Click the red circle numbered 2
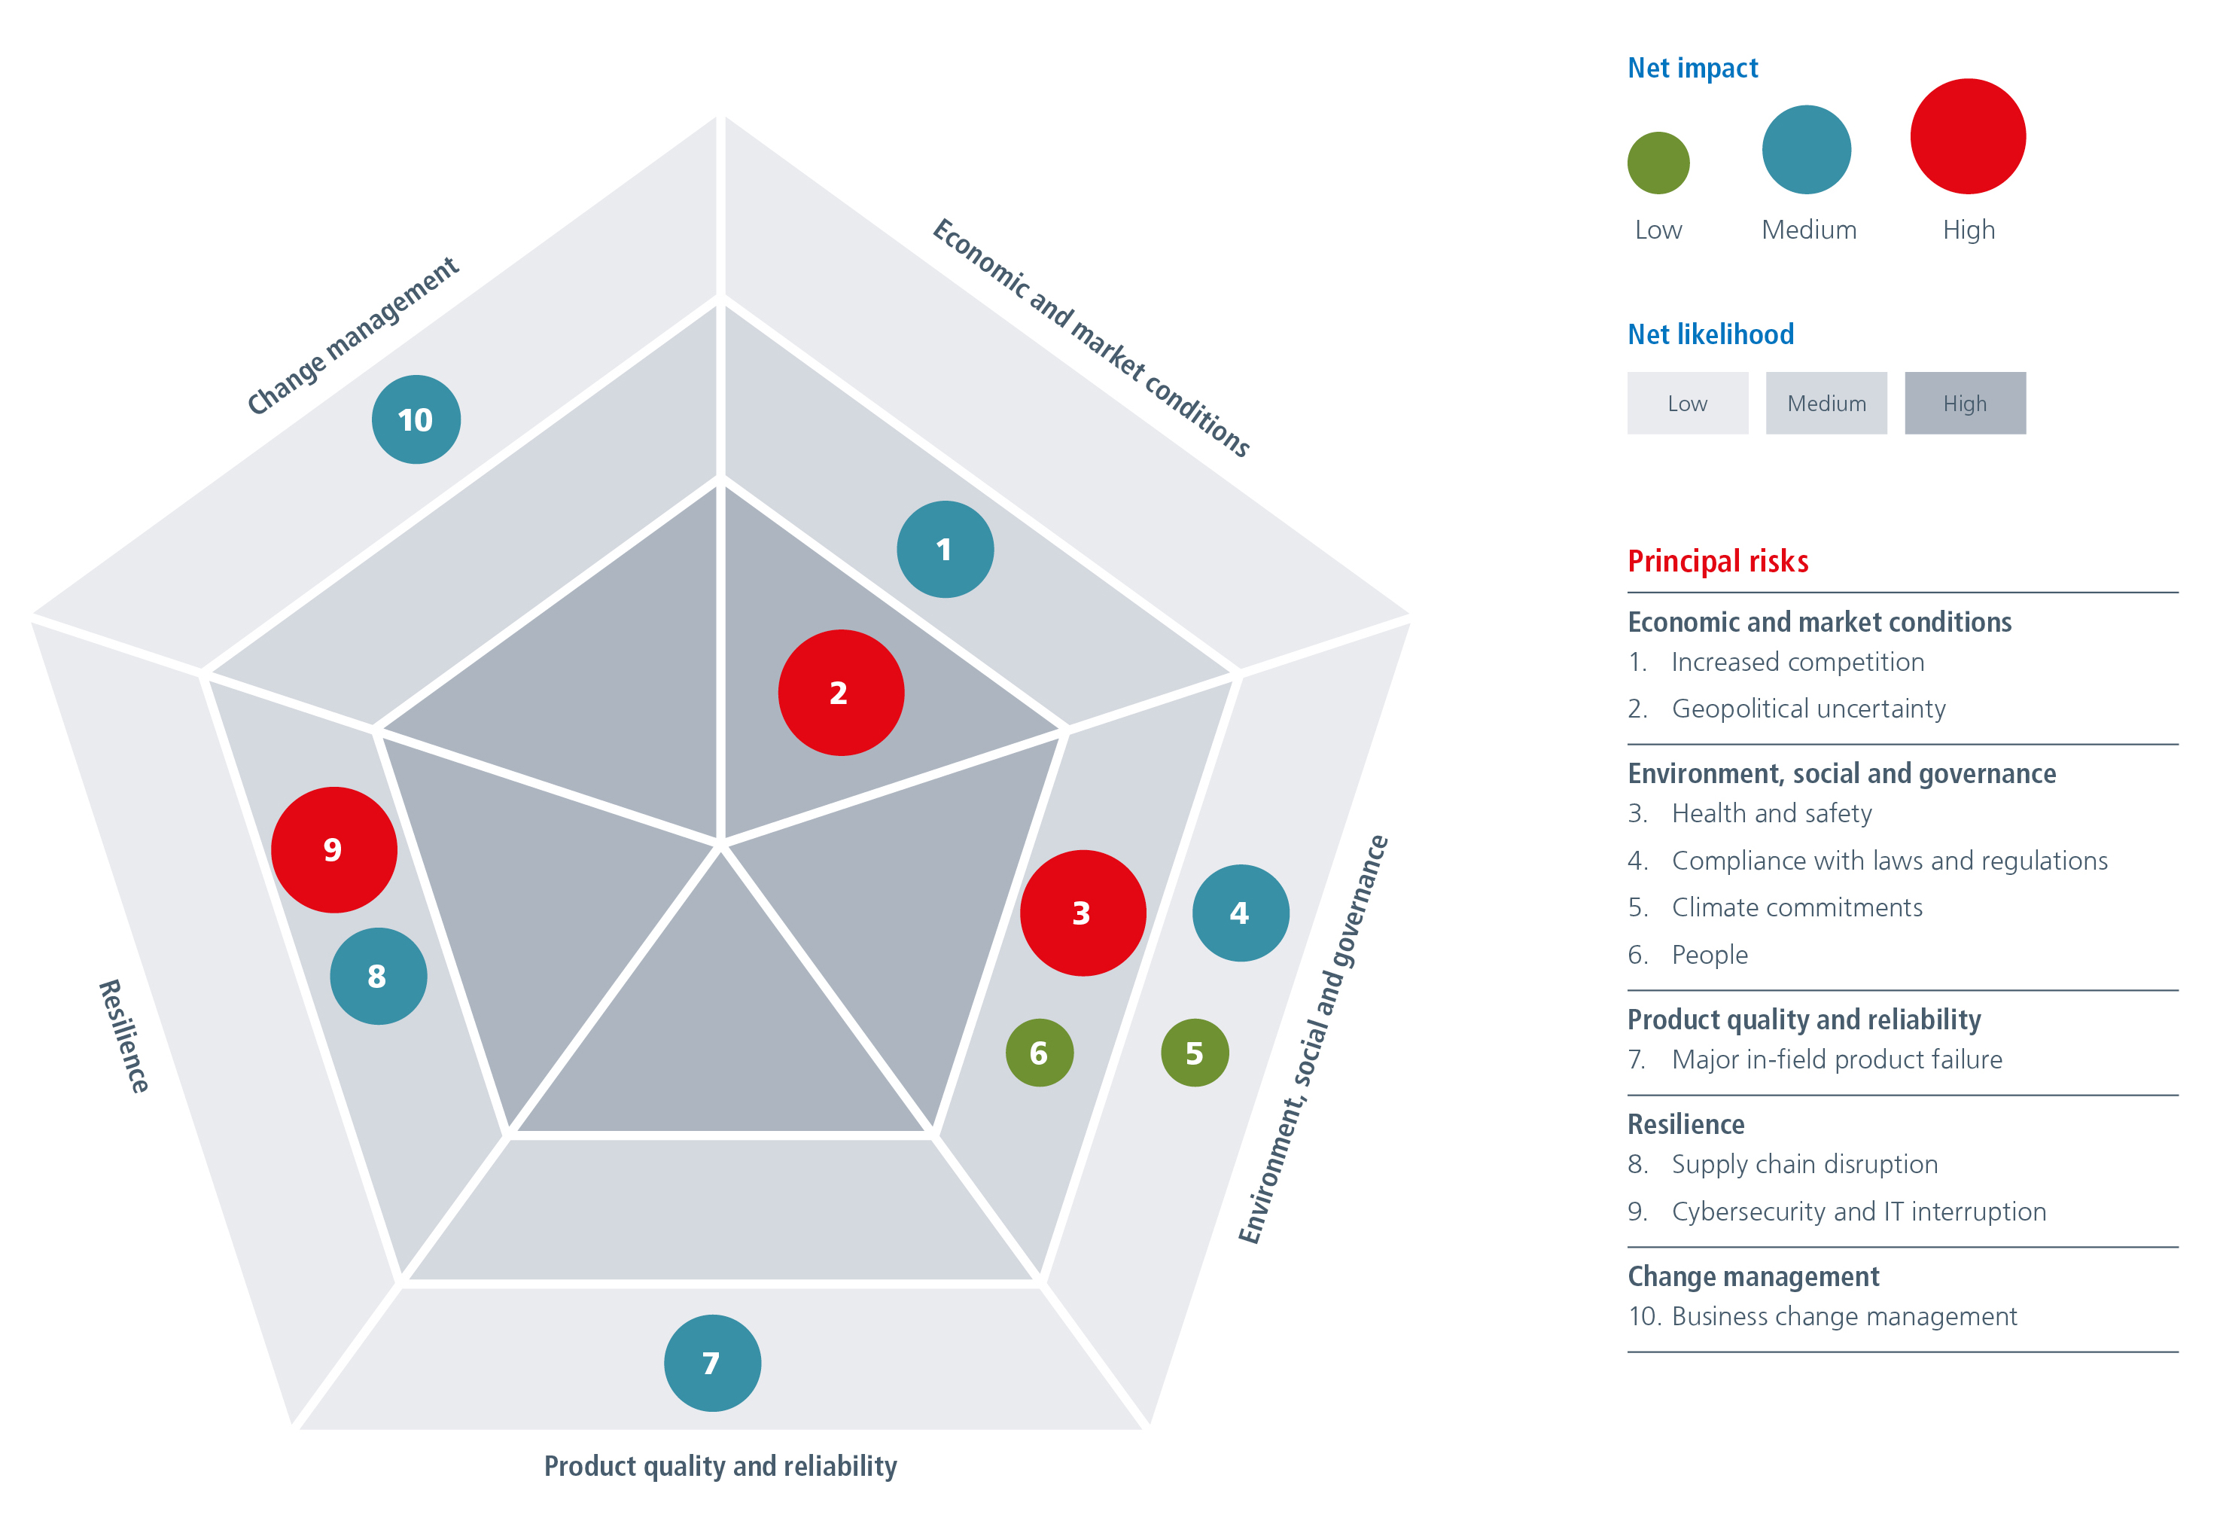coord(841,693)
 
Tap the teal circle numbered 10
coord(416,419)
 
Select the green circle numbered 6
coord(1040,1053)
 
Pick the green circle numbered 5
coord(1194,1053)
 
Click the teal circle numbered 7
coord(711,1364)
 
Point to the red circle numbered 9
coord(333,849)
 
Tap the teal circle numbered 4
coord(1240,913)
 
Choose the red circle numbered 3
coord(1083,913)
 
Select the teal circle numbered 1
coord(945,550)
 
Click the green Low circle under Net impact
coord(1658,163)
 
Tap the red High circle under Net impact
coord(1968,136)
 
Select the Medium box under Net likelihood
coord(1826,403)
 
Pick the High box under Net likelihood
coord(1965,403)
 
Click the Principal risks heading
coord(1718,561)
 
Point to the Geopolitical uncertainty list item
coord(1807,709)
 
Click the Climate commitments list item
coord(1796,907)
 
